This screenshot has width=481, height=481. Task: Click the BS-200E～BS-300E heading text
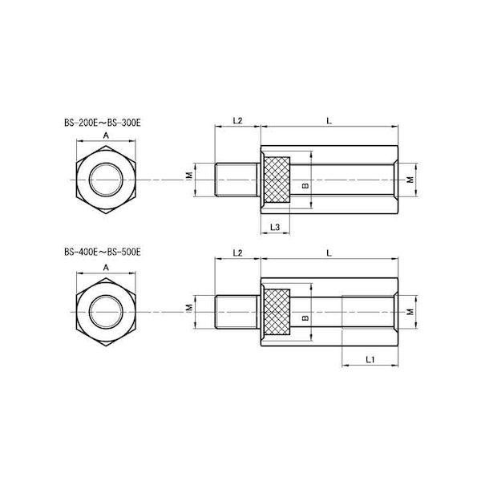(x=103, y=123)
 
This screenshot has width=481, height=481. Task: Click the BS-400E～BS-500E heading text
(x=103, y=253)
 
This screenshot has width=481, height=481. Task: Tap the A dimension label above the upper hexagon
(x=106, y=135)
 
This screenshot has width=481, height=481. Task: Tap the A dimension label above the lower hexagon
(x=106, y=268)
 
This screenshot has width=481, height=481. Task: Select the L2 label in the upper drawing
(x=237, y=120)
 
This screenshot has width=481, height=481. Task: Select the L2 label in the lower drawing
(x=237, y=253)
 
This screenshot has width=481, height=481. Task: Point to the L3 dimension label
(x=275, y=228)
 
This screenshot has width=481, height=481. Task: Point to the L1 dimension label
(x=370, y=359)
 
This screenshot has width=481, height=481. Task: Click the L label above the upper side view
(x=329, y=120)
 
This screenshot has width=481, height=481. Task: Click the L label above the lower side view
(x=329, y=253)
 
